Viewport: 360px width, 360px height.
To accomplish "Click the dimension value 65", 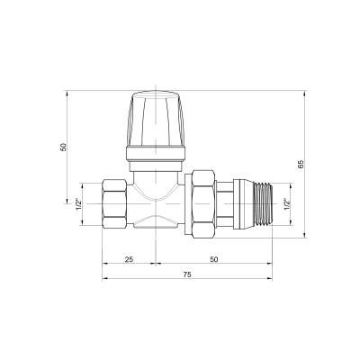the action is coord(301,164).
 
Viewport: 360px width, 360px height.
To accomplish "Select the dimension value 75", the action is coord(187,274).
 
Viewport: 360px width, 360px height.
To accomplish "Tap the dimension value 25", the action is coord(129,259).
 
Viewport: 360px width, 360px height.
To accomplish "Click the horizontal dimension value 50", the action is coord(213,259).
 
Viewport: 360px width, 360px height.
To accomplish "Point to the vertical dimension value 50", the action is coord(63,147).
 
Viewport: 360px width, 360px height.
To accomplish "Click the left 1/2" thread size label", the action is coord(78,204).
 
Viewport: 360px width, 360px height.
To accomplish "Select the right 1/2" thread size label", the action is coord(287,204).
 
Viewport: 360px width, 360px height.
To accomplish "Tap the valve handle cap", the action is coord(156,119).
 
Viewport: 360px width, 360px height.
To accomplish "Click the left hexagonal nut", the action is coord(114,203).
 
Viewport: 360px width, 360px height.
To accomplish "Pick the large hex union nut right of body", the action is coord(203,204).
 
